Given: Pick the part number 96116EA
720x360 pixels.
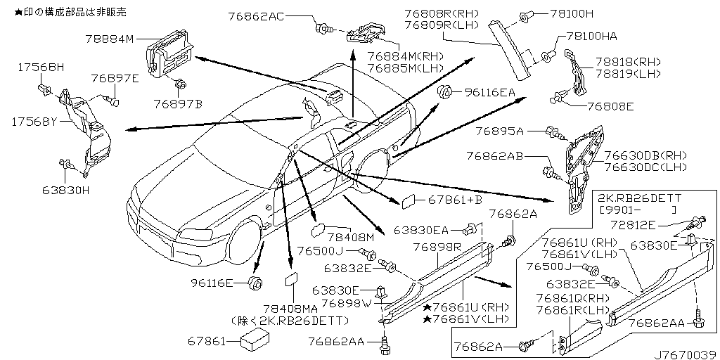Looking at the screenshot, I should (489, 91).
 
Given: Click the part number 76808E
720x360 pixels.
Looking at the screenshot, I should (601, 106).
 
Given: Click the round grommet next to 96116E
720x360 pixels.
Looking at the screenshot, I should (256, 284).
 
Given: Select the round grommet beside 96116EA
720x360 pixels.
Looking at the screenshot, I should (444, 92).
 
